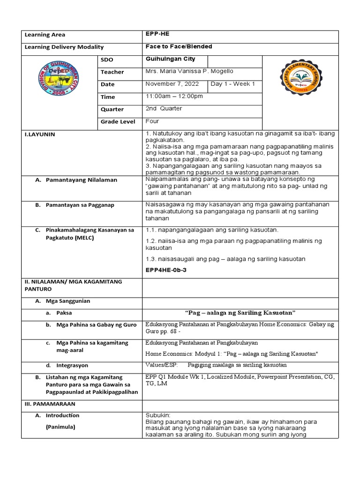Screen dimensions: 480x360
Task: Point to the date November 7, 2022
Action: tap(172, 84)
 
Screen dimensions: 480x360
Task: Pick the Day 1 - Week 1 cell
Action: tap(233, 84)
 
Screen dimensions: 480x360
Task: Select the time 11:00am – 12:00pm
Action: tap(174, 96)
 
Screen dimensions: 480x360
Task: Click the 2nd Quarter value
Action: tap(164, 108)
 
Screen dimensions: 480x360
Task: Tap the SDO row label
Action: tap(106, 60)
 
